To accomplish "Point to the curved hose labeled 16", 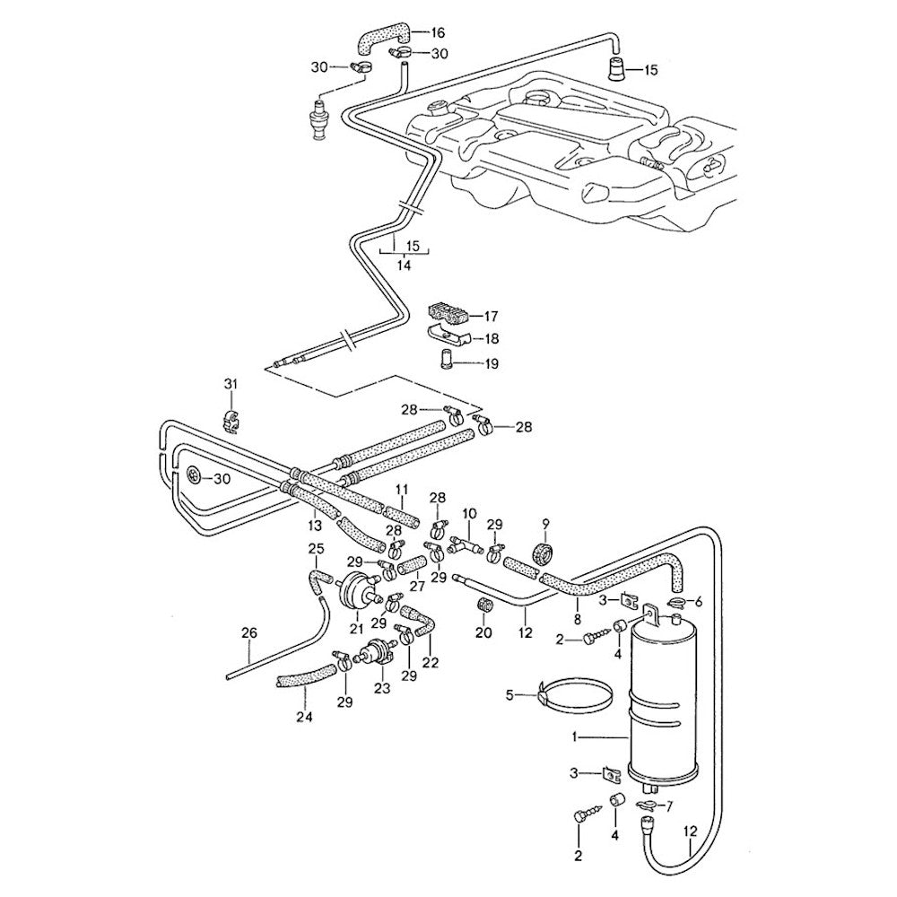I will [381, 38].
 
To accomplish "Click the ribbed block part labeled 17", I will [449, 314].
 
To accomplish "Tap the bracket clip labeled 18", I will [448, 338].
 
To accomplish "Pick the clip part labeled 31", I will [231, 418].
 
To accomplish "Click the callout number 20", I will [484, 633].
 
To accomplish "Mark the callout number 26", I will [248, 632].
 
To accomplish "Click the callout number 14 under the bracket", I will [404, 266].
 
